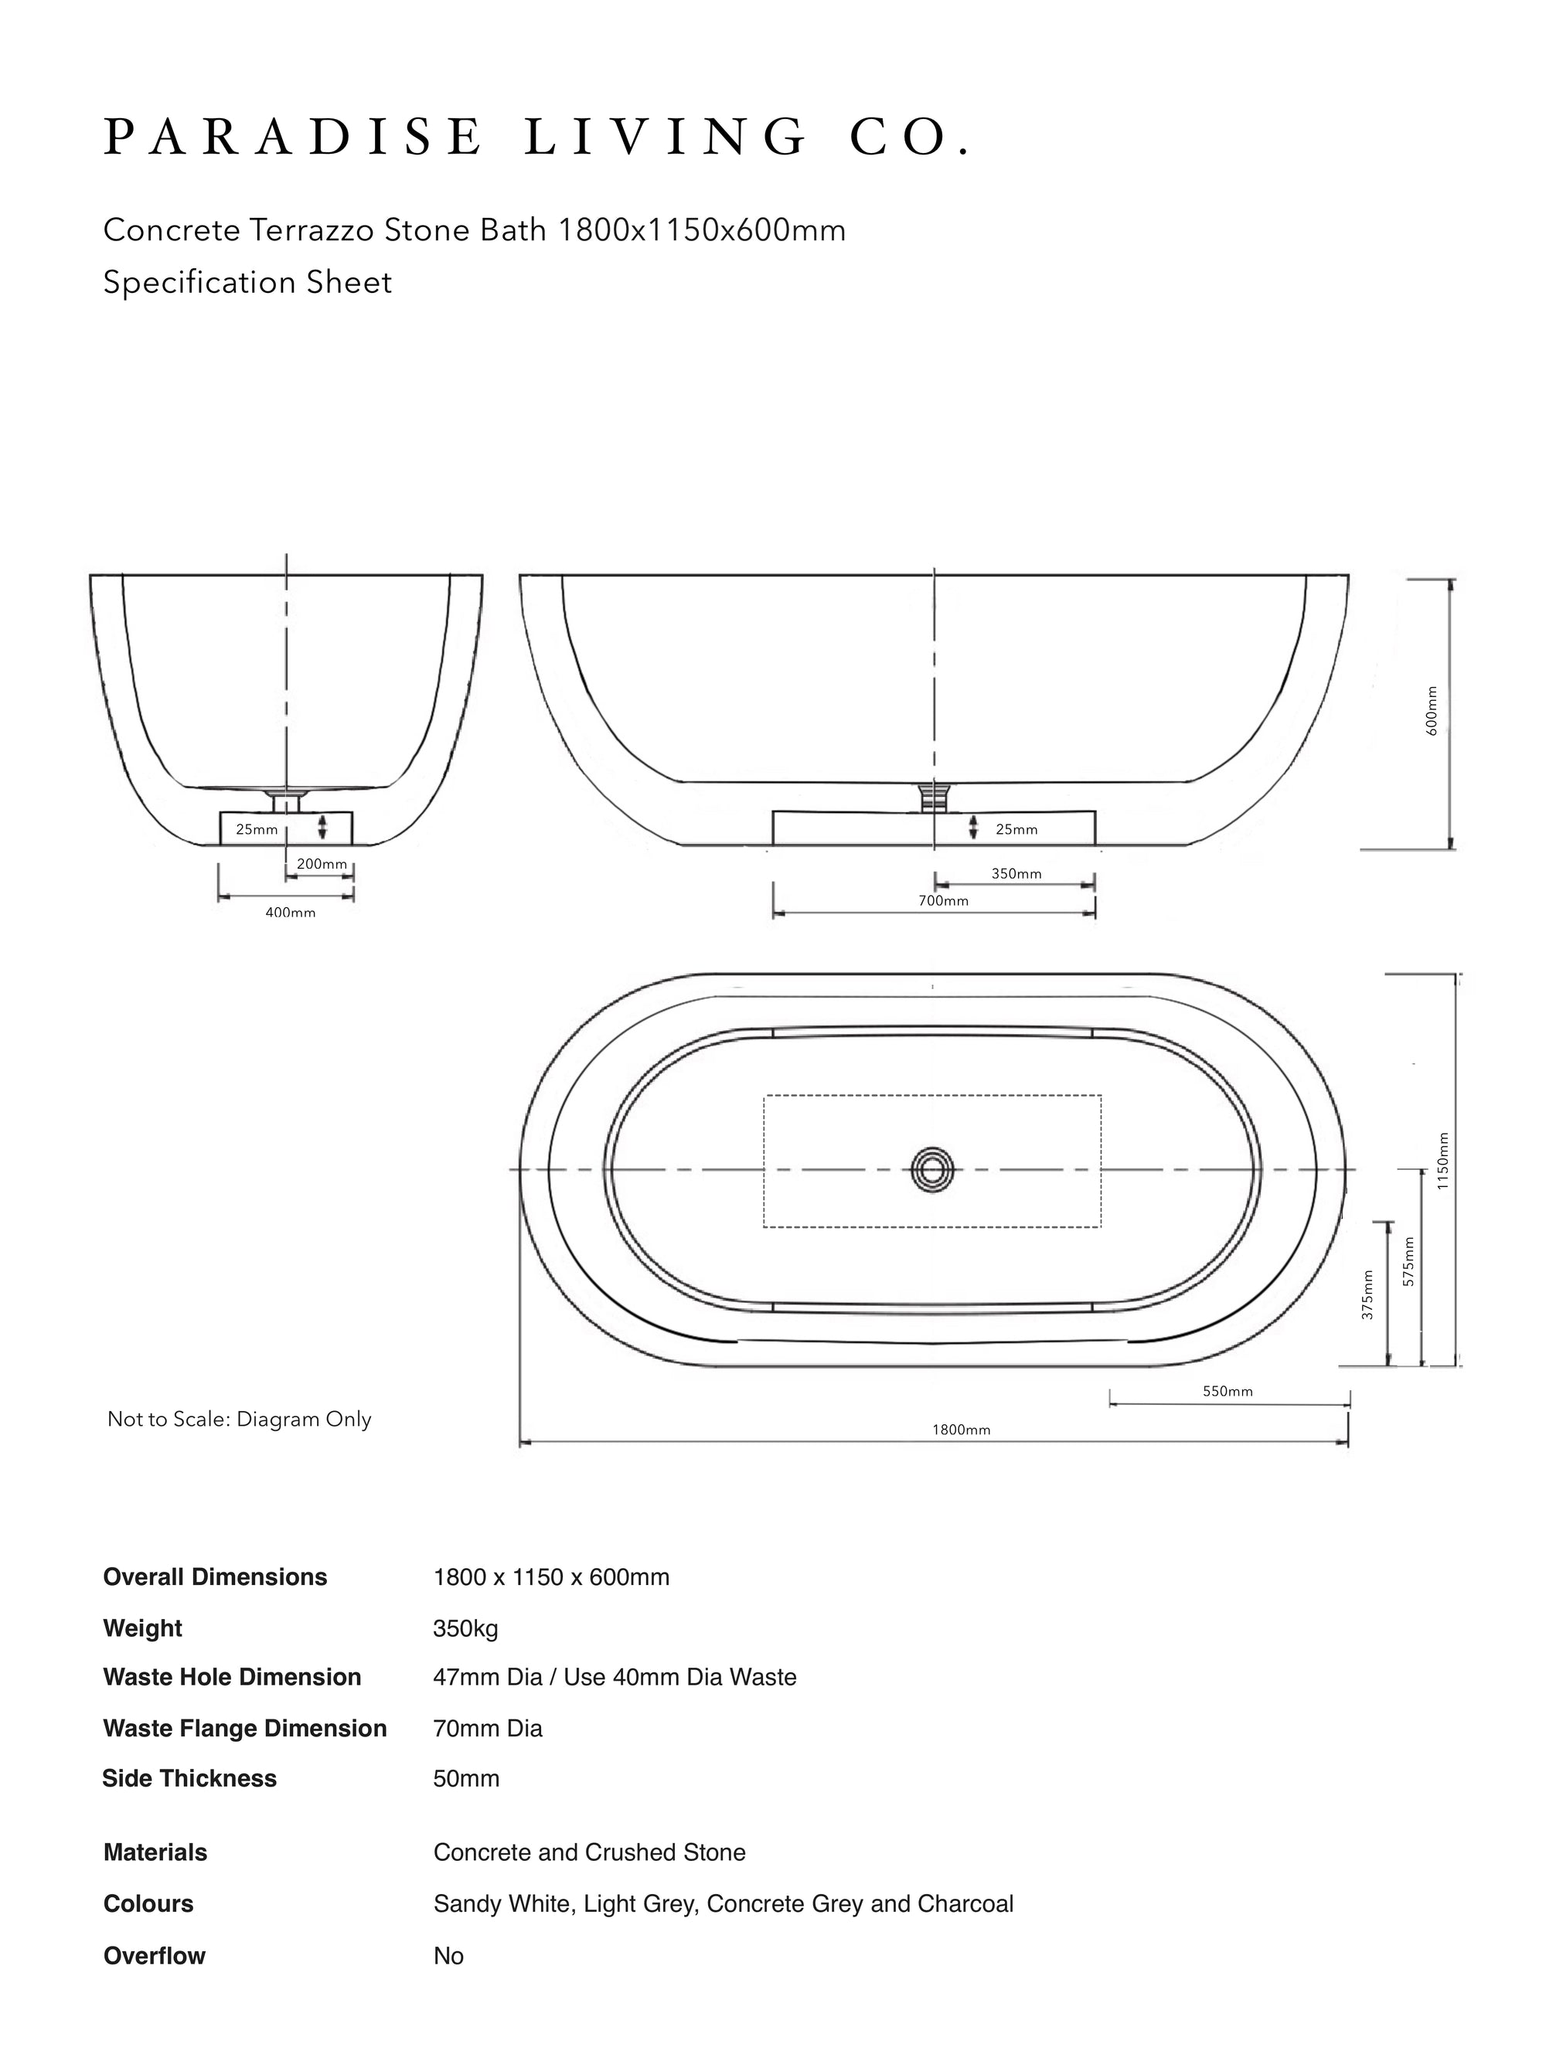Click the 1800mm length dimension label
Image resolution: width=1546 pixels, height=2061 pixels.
[x=961, y=1430]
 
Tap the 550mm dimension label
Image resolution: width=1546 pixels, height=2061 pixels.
[x=1228, y=1391]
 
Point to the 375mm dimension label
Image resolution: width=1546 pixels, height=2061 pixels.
[x=1367, y=1295]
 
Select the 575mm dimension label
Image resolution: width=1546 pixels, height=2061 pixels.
[x=1408, y=1262]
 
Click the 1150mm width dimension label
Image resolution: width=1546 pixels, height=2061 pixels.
[x=1442, y=1161]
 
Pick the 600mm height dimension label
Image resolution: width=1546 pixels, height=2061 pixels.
[x=1432, y=711]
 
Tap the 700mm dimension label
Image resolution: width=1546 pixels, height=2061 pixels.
[x=943, y=901]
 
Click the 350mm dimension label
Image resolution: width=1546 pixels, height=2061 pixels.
[x=1016, y=874]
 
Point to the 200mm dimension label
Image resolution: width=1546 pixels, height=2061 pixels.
[x=322, y=864]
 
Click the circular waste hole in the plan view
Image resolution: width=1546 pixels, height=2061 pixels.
[x=933, y=1168]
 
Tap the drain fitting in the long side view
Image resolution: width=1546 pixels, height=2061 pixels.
[x=933, y=797]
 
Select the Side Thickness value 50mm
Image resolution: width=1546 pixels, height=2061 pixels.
[x=466, y=1777]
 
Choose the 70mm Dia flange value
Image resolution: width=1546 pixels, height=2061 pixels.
[x=488, y=1729]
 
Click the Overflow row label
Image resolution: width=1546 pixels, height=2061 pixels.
[x=154, y=1956]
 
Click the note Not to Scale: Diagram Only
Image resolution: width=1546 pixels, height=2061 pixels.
[x=240, y=1419]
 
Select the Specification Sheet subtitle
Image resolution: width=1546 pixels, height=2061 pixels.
[x=248, y=282]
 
